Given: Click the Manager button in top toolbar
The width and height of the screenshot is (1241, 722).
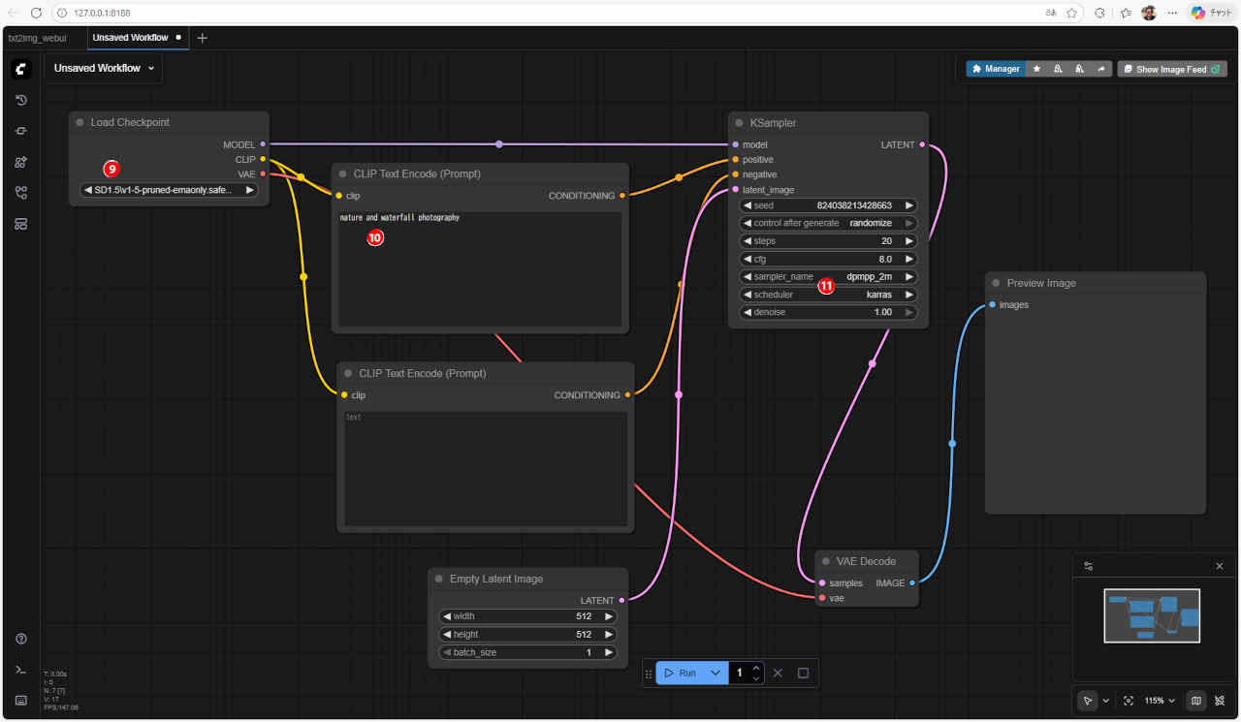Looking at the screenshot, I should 996,69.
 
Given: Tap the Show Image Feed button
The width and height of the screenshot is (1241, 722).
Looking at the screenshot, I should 1171,69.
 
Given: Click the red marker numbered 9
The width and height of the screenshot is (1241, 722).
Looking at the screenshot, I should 111,169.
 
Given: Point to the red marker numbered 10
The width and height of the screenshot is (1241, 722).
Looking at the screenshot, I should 375,237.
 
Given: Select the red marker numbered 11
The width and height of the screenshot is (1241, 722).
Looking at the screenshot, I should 826,286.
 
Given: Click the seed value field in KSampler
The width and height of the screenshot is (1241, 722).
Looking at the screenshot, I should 827,205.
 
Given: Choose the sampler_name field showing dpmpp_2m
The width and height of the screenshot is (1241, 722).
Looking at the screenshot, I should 827,276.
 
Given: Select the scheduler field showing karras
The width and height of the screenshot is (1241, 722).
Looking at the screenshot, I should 827,295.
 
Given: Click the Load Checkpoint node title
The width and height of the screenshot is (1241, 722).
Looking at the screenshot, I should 130,122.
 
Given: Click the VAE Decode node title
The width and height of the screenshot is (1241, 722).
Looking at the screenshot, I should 866,561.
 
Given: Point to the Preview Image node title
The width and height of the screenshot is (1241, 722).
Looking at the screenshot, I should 1041,283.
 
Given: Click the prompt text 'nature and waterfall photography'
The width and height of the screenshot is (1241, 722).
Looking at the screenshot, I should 400,218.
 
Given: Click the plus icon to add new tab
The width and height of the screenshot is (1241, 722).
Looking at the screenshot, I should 202,38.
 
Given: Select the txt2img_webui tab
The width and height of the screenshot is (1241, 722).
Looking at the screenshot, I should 38,38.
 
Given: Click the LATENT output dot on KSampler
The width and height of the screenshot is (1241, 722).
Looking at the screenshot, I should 922,144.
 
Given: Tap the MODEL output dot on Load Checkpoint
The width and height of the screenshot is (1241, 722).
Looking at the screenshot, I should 263,144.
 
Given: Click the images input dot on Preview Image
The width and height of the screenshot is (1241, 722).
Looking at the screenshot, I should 992,305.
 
